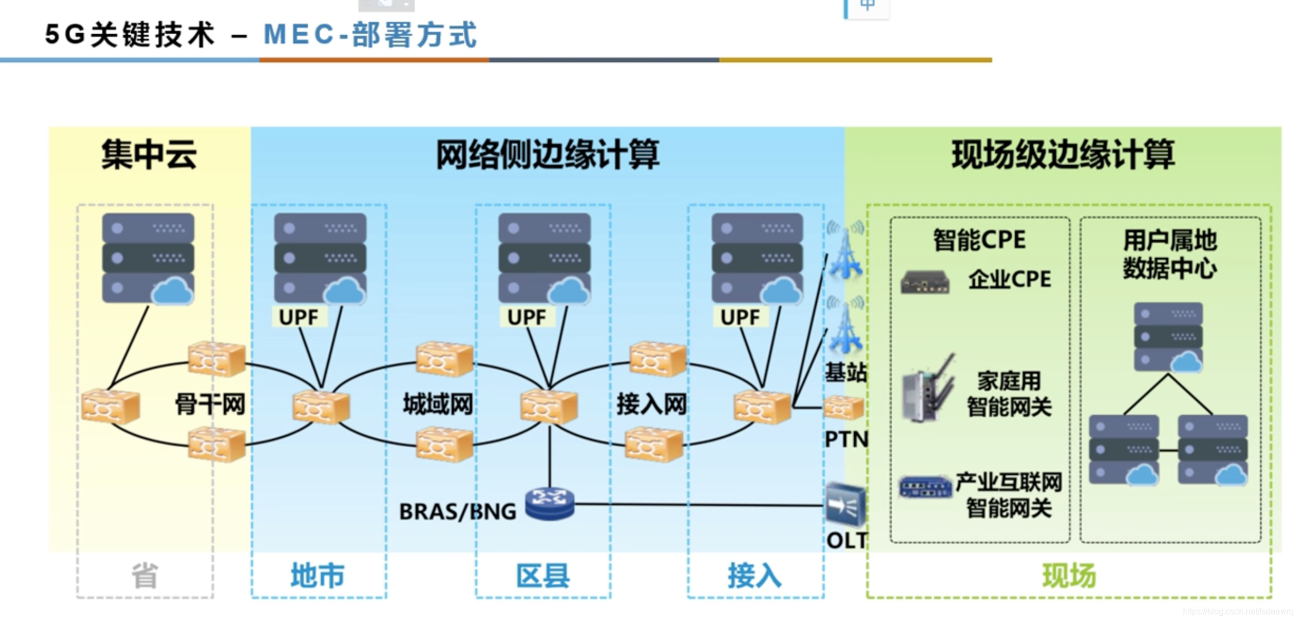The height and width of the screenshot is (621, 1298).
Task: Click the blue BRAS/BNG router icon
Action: (550, 504)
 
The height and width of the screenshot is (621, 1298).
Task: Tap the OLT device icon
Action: (845, 505)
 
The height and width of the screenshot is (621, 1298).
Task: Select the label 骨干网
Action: (210, 404)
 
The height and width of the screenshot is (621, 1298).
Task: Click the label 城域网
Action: (438, 404)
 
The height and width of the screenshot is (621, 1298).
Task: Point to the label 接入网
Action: (652, 404)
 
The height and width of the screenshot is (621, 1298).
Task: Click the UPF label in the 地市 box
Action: (299, 317)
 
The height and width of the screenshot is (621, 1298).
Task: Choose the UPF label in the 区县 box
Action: (527, 317)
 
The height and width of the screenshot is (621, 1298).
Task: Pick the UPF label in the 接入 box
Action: (740, 317)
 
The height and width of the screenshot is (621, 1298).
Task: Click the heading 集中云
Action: (149, 155)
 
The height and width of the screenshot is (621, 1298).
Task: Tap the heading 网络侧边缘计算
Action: (547, 155)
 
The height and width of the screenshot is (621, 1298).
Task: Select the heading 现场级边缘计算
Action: (1063, 155)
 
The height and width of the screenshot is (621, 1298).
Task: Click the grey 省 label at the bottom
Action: (145, 576)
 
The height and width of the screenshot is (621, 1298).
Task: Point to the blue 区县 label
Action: (543, 576)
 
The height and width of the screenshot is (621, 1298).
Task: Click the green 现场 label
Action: (1069, 576)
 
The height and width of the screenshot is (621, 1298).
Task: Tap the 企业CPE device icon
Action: (925, 282)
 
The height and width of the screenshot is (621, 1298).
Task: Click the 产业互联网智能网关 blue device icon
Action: (925, 486)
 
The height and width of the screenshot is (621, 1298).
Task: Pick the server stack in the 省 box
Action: (148, 258)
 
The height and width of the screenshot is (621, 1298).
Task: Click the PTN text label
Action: (846, 439)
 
